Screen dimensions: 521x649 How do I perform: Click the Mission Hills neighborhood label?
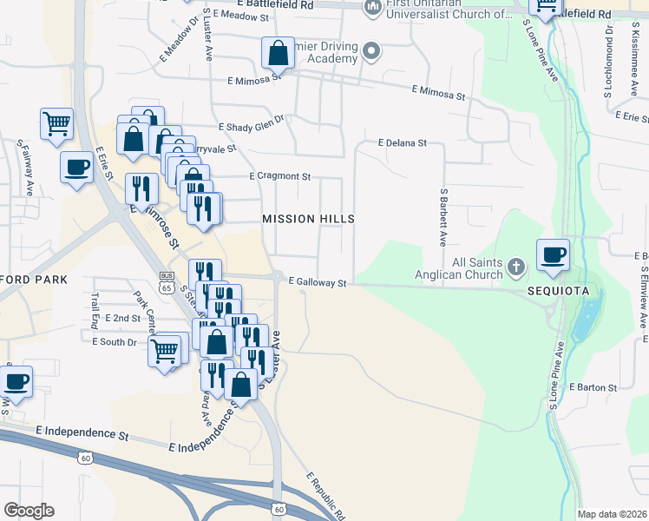pyautogui.click(x=308, y=219)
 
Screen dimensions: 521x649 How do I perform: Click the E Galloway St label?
pyautogui.click(x=318, y=283)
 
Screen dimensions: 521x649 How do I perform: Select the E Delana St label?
pyautogui.click(x=402, y=142)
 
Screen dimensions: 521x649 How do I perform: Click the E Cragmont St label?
pyautogui.click(x=279, y=176)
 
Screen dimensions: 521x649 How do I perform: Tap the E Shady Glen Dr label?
pyautogui.click(x=252, y=127)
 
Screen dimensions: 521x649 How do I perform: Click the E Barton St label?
pyautogui.click(x=593, y=387)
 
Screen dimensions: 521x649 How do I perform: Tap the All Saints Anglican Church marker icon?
pyautogui.click(x=515, y=265)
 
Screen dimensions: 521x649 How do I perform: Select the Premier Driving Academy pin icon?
pyautogui.click(x=371, y=51)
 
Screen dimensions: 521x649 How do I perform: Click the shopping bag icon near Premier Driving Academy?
pyautogui.click(x=277, y=54)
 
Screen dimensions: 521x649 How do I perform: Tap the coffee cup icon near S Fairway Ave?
pyautogui.click(x=75, y=167)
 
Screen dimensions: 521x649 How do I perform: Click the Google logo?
pyautogui.click(x=29, y=511)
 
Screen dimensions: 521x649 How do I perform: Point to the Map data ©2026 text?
pyautogui.click(x=612, y=514)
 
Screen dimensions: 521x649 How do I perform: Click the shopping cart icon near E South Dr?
pyautogui.click(x=164, y=352)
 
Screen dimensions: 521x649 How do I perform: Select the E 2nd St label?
pyautogui.click(x=122, y=319)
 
